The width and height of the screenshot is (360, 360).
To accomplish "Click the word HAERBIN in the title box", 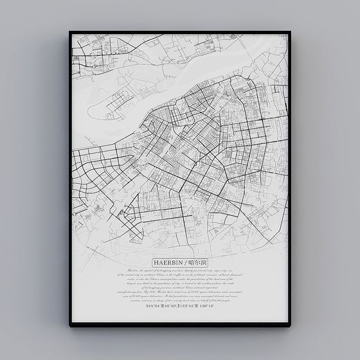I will pyautogui.click(x=168, y=263).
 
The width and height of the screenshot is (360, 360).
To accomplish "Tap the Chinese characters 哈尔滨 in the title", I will pyautogui.click(x=196, y=263).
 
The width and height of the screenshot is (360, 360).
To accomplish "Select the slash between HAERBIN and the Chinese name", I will pyautogui.click(x=184, y=263).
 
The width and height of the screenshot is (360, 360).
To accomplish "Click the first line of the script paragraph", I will pyautogui.click(x=179, y=271).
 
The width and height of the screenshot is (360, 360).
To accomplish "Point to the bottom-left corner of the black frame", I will pyautogui.click(x=69, y=326).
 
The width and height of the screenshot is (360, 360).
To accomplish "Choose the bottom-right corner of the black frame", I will pyautogui.click(x=290, y=326).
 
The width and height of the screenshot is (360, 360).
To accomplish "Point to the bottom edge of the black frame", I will pyautogui.click(x=180, y=325).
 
